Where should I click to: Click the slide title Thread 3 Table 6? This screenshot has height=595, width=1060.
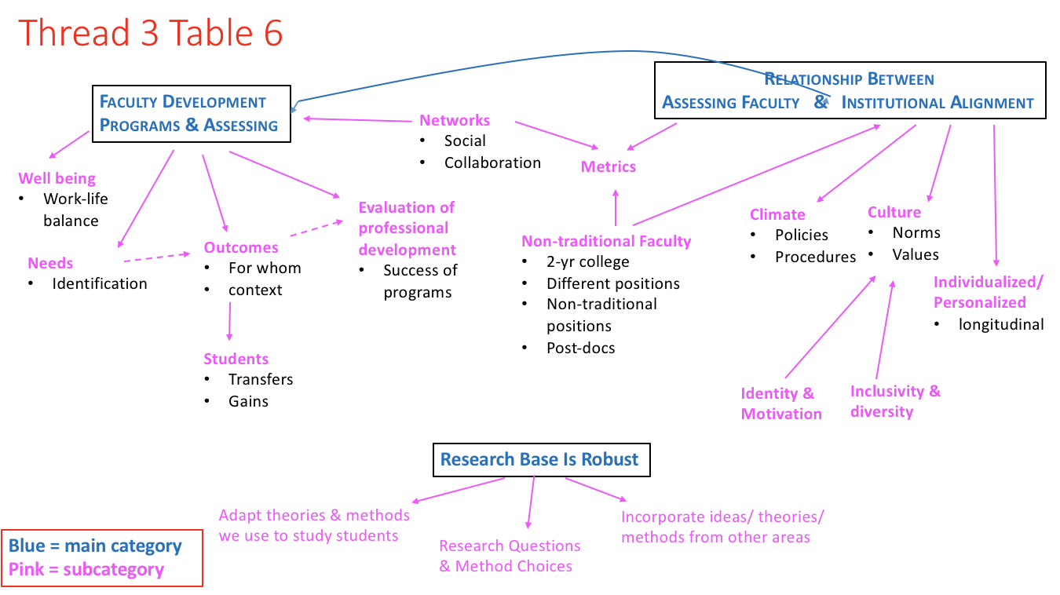pos(150,34)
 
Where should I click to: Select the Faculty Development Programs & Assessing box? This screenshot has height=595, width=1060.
pos(191,114)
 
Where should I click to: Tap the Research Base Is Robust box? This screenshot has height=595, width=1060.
pos(541,459)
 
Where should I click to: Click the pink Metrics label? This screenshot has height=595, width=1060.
pos(609,166)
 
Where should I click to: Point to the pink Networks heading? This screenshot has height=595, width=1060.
pos(455,120)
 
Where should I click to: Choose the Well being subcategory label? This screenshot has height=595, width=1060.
pos(57,178)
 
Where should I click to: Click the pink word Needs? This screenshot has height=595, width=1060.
pos(50,263)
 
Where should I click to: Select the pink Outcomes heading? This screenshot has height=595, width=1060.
pos(241,247)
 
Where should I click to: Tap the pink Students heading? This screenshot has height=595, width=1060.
pos(236,359)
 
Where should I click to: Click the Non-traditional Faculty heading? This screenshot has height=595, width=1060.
pos(606,241)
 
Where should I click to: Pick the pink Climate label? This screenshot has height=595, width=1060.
pos(777,214)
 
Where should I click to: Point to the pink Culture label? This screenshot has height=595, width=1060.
pos(894,212)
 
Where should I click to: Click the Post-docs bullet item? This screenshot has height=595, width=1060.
pos(580,348)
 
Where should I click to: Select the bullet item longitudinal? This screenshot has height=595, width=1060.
pos(1001,324)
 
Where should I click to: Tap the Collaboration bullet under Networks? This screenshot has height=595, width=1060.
pos(492,162)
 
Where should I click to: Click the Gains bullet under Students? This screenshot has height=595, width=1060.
pos(248,401)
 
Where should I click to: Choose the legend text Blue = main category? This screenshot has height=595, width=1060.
pos(95,546)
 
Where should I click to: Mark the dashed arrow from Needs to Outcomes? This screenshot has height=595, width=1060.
pos(157,257)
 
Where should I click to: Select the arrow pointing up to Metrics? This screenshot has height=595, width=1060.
pos(616,206)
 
